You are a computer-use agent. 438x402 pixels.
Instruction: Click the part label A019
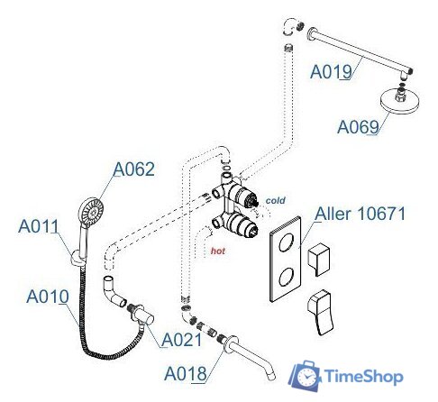click(331, 71)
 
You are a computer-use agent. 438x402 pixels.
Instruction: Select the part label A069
click(358, 127)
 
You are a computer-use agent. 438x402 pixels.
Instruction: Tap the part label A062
click(133, 169)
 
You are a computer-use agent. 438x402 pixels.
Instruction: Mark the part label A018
click(185, 371)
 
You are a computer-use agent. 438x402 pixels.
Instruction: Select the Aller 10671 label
click(360, 215)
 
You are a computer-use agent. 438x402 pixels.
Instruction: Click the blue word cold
click(275, 199)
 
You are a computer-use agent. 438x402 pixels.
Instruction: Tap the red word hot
click(217, 252)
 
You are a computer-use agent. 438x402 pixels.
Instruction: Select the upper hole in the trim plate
click(287, 242)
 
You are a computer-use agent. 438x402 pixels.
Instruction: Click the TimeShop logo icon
click(307, 375)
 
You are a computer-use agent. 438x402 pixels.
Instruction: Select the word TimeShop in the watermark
click(365, 378)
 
